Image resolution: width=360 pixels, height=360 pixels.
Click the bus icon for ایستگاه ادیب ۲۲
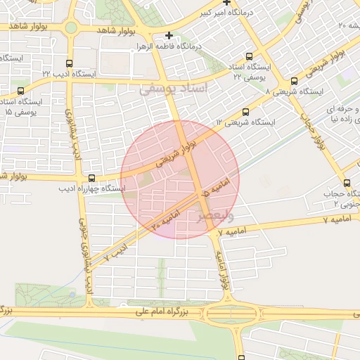tap(67, 63)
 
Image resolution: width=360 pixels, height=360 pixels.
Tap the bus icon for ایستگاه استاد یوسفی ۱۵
tap(20, 91)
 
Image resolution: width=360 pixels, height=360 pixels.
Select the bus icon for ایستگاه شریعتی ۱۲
tap(245, 112)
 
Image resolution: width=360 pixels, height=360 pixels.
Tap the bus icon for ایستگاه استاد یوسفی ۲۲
tap(250, 56)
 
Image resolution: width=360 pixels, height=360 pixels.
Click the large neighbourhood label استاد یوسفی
tap(174, 89)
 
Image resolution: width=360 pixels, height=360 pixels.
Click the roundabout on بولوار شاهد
tap(70, 28)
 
